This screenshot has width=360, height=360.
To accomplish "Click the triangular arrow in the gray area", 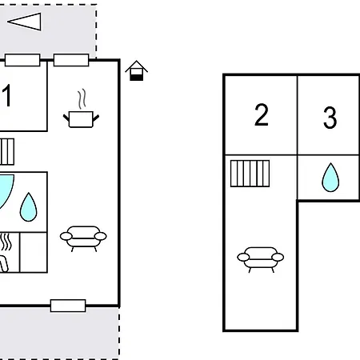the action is tap(26, 22).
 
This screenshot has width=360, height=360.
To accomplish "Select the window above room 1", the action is tap(22, 60).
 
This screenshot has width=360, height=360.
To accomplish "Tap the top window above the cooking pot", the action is tap(71, 60).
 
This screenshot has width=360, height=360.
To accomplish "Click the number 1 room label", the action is tap(6, 95).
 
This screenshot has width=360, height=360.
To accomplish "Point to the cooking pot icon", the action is tap(81, 119).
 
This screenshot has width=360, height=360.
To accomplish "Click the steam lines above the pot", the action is tap(82, 99).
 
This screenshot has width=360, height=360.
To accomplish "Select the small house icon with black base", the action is tap(136, 70).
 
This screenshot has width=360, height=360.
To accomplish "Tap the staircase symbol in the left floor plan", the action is tap(7, 151).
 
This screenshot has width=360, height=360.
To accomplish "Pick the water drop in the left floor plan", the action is tap(28, 207).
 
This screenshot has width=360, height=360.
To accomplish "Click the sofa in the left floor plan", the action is tap(83, 238).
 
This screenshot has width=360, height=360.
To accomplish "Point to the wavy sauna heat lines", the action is tap(6, 242).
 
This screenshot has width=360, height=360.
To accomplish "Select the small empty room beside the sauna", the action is tap(34, 252).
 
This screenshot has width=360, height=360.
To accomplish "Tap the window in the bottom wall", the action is tap(68, 306).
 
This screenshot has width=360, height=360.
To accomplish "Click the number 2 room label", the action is tap(262, 114).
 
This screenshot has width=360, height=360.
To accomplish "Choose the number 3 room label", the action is tap(330, 118).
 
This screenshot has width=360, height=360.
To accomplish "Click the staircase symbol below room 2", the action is tap(250, 174).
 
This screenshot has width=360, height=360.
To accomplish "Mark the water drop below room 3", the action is tap(330, 178).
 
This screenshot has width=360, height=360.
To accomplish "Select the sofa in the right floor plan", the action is tap(261, 259).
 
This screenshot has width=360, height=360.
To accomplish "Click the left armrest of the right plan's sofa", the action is tap(243, 257).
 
